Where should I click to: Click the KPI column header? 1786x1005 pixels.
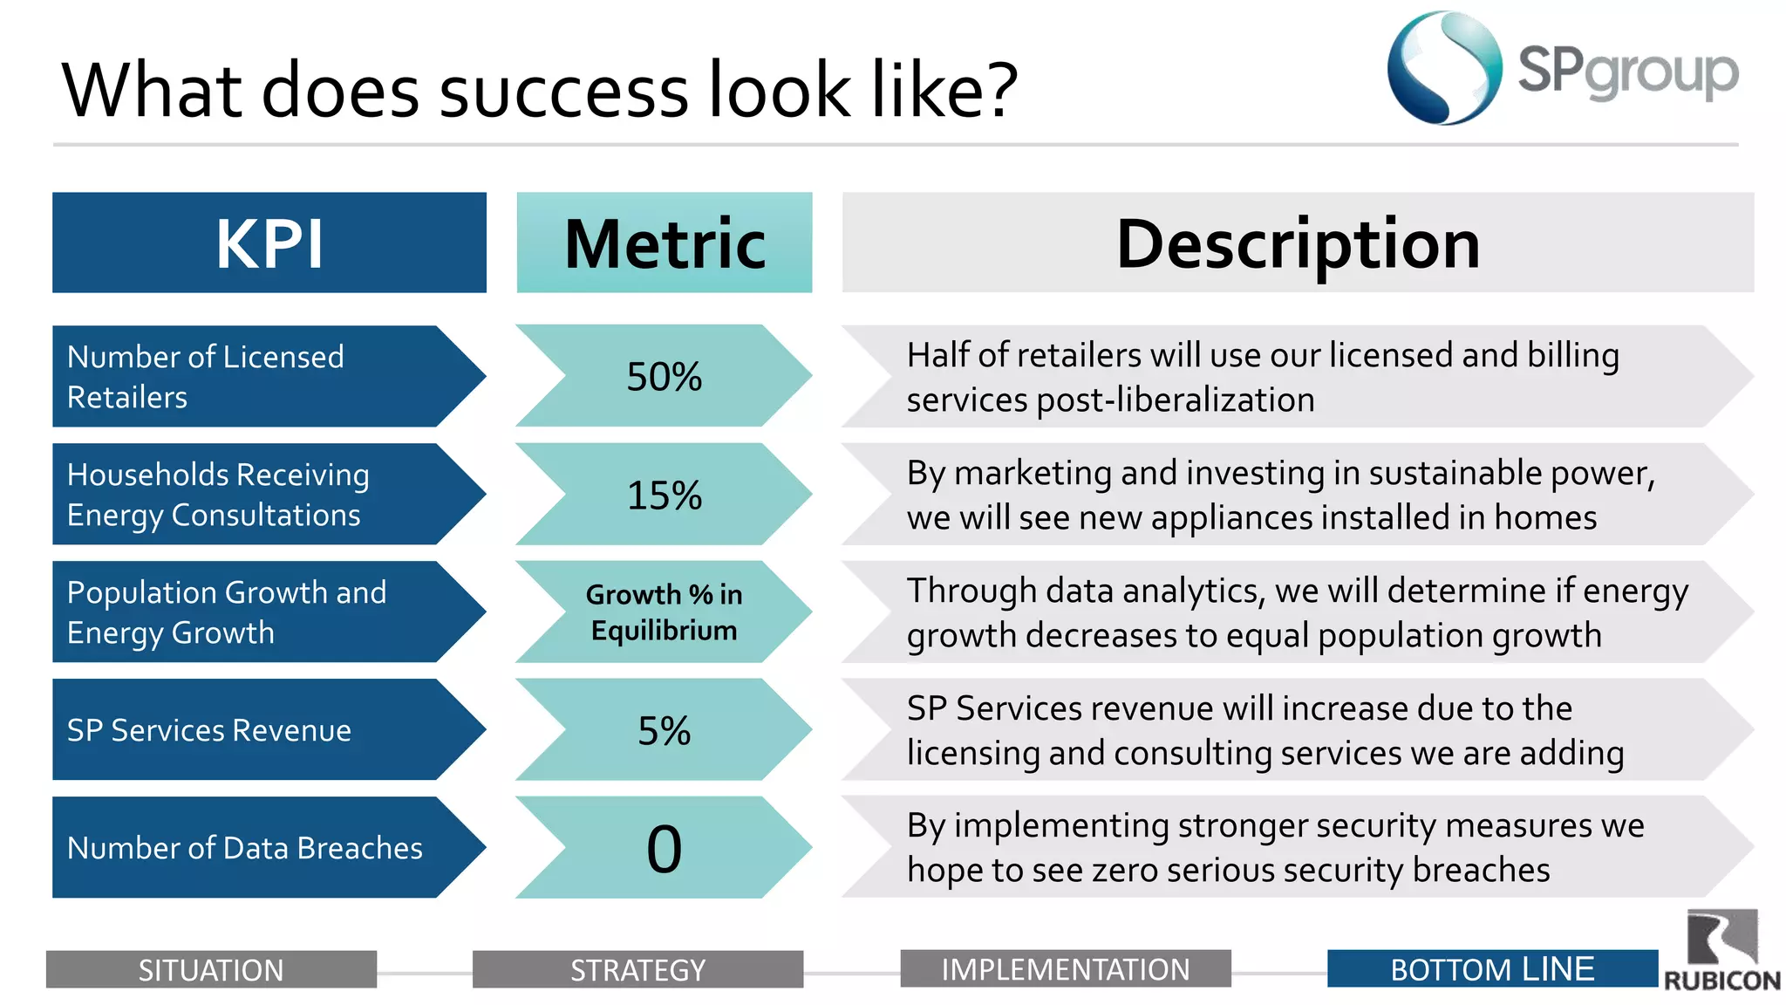[x=269, y=243]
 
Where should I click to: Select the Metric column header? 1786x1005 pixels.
[x=664, y=243]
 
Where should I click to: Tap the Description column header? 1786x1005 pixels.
[x=1298, y=243]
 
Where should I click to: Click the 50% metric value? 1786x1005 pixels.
[x=664, y=376]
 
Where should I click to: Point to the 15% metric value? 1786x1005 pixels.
[x=664, y=495]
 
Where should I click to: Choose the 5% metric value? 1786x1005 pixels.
[x=664, y=730]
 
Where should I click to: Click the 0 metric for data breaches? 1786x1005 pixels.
[x=664, y=848]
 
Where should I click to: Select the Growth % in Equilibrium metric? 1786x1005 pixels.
[x=664, y=612]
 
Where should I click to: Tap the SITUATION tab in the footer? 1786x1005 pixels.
[x=211, y=969]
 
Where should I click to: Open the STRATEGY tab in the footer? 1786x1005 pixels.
[x=637, y=969]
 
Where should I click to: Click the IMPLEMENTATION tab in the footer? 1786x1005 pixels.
[x=1065, y=969]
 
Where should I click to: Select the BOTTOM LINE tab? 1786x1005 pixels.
[x=1491, y=969]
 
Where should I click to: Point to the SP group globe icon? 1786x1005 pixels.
[x=1444, y=68]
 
